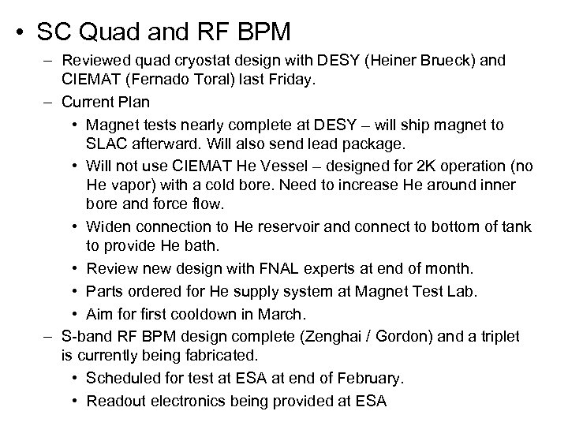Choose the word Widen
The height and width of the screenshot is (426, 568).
[107, 227]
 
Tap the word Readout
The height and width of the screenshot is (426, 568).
[116, 401]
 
